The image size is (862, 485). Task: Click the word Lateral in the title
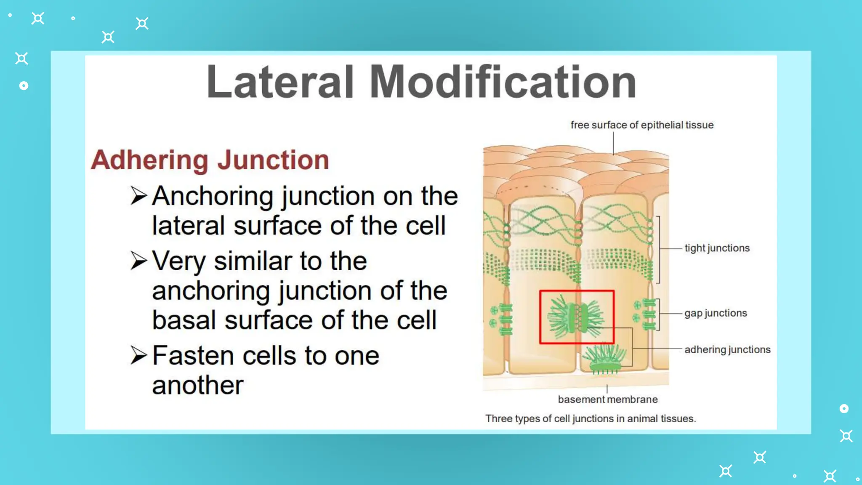280,82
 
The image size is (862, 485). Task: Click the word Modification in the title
503,82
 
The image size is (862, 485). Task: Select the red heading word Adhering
149,160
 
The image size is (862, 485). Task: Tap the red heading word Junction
273,160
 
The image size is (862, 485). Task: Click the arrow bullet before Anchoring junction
138,196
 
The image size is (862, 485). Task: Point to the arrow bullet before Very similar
138,261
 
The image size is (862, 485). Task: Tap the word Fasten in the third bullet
193,356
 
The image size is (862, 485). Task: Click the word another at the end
198,385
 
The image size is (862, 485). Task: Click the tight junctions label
717,248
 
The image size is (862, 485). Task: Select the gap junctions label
716,313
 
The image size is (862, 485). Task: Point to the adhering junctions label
727,349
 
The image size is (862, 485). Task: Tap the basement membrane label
607,400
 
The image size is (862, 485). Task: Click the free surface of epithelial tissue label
642,125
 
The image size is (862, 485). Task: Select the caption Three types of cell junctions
590,419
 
